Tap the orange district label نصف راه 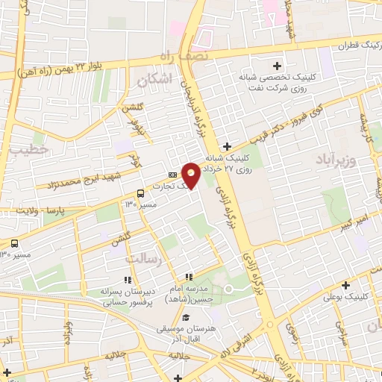click(x=180, y=57)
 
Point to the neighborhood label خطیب click(x=30, y=149)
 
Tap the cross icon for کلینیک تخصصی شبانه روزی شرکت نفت click(x=278, y=66)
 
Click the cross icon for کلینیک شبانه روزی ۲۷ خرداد click(x=228, y=146)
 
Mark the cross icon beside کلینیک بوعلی click(x=345, y=285)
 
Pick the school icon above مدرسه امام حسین click(x=190, y=278)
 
